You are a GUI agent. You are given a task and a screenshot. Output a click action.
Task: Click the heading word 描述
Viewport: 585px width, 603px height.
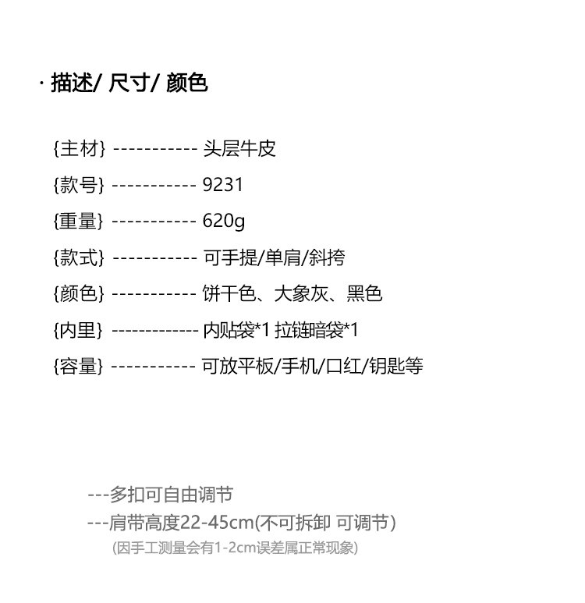(x=72, y=83)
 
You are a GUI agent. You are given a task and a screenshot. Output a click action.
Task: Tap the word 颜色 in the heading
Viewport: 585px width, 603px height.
(x=187, y=83)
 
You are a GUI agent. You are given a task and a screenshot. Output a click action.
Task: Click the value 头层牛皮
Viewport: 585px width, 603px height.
(x=239, y=148)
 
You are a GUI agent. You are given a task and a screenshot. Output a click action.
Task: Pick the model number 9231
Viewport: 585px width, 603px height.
(x=223, y=185)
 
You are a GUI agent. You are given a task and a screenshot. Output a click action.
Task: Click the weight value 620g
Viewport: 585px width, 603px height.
(x=224, y=221)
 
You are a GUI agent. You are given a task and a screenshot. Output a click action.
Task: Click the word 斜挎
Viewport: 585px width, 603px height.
(x=327, y=257)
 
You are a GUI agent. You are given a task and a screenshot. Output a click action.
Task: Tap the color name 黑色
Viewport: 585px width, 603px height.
(x=364, y=294)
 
